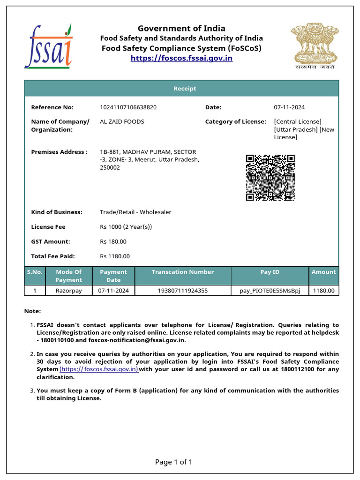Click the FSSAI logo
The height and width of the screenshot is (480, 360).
coord(49,45)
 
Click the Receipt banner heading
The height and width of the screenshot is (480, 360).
coord(185,89)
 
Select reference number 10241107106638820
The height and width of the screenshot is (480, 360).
coord(128,107)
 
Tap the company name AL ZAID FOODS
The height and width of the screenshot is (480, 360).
coord(122,121)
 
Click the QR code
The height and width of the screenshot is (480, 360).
coord(270,178)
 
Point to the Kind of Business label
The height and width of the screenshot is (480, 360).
coord(56,212)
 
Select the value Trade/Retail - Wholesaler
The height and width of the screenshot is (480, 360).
coord(135,212)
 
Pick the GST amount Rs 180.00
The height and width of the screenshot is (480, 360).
coord(113,241)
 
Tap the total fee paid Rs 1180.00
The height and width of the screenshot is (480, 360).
coord(114,256)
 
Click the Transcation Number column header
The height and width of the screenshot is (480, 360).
coord(182,272)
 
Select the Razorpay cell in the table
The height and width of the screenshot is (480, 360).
coord(68,291)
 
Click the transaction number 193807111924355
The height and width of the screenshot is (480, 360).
coord(182,291)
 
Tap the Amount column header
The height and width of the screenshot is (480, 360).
coord(323,272)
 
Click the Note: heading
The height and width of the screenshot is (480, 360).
coord(32,311)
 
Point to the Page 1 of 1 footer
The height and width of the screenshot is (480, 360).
coord(173,462)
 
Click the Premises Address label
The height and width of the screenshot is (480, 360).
coord(59,152)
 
